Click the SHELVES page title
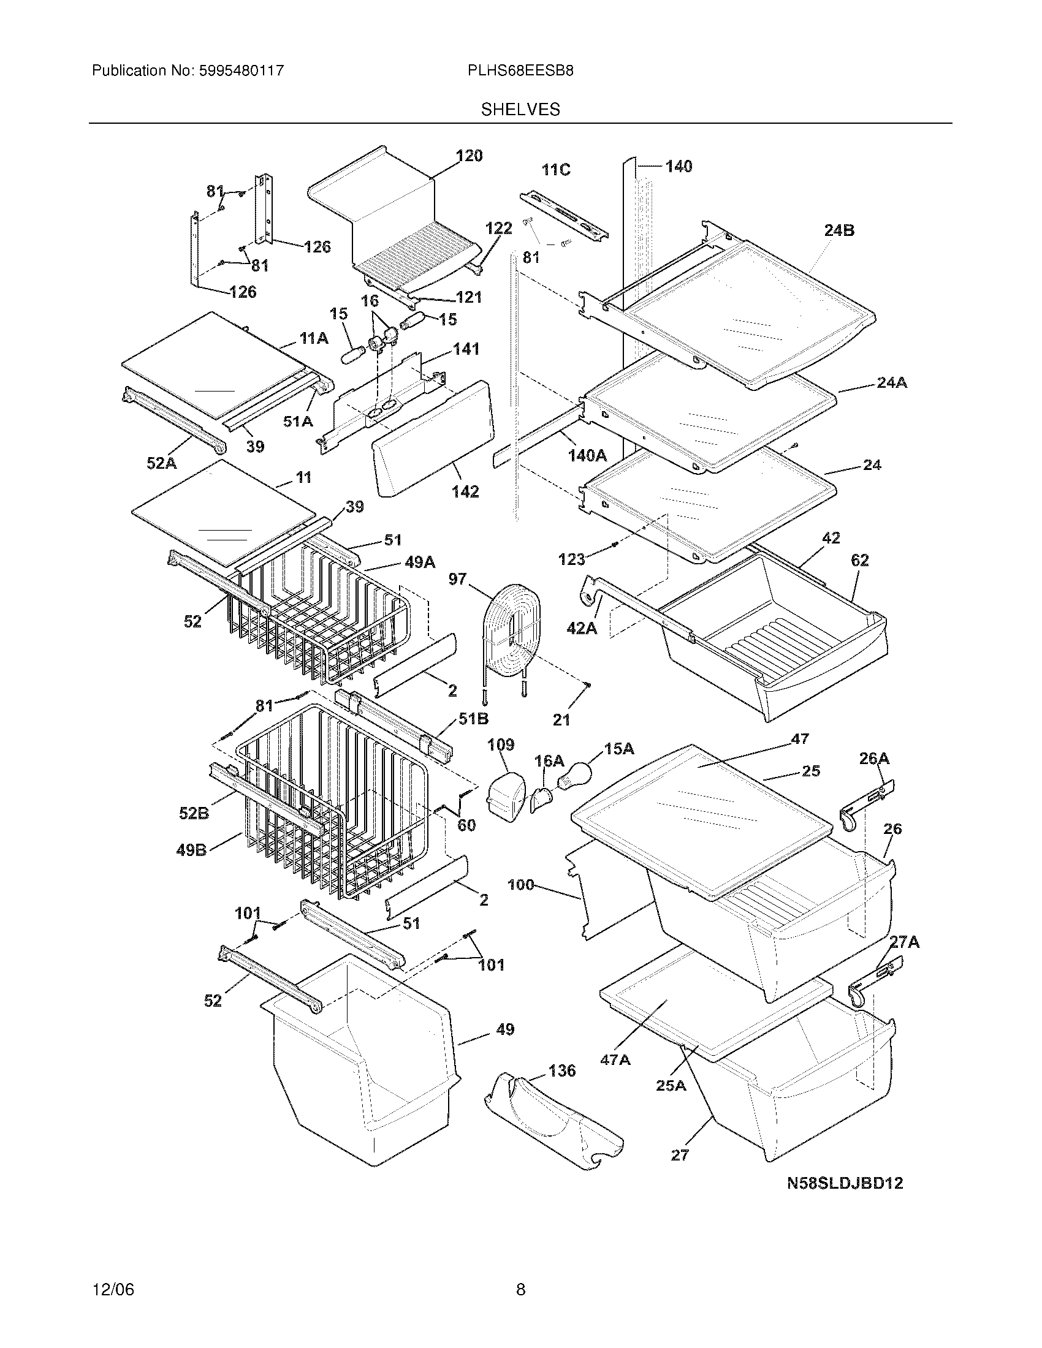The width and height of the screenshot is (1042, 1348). pos(520,110)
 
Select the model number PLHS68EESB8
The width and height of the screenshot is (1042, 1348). pos(520,70)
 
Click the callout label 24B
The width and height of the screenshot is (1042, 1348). pos(839,230)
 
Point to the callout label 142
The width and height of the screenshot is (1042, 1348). pos(465,491)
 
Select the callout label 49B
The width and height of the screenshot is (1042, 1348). pos(192,850)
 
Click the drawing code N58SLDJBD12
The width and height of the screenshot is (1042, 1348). pos(845,1183)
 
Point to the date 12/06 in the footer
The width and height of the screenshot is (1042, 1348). pos(113,1289)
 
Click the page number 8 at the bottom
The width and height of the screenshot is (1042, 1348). pos(520,1289)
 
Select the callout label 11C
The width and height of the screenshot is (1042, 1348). pos(555,170)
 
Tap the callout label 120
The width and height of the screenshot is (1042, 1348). pos(469,156)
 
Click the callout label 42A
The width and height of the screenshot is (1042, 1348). pos(582,629)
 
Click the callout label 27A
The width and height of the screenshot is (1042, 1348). pos(904,941)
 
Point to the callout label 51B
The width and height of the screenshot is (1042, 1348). pos(473,719)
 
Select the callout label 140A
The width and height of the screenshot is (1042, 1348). pos(587,455)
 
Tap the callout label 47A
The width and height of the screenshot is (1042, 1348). pos(615,1060)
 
